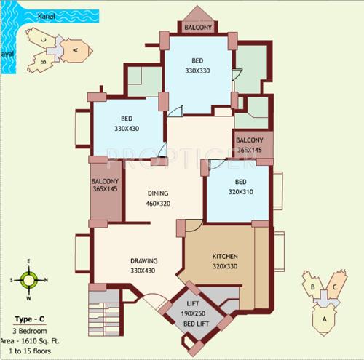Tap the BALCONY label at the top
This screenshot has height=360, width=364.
[x=197, y=28]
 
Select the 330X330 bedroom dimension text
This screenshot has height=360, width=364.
[x=197, y=71]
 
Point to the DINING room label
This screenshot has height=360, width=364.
[x=157, y=193]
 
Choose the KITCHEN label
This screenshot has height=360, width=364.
[x=224, y=257]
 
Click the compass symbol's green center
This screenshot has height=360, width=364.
[x=29, y=279]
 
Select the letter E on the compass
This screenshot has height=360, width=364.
[x=29, y=261]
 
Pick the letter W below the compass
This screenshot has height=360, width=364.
[x=29, y=298]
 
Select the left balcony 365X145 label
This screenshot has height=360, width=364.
[x=106, y=186]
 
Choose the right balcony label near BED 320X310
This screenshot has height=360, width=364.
[x=250, y=144]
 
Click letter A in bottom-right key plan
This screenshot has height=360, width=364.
[x=321, y=317]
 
